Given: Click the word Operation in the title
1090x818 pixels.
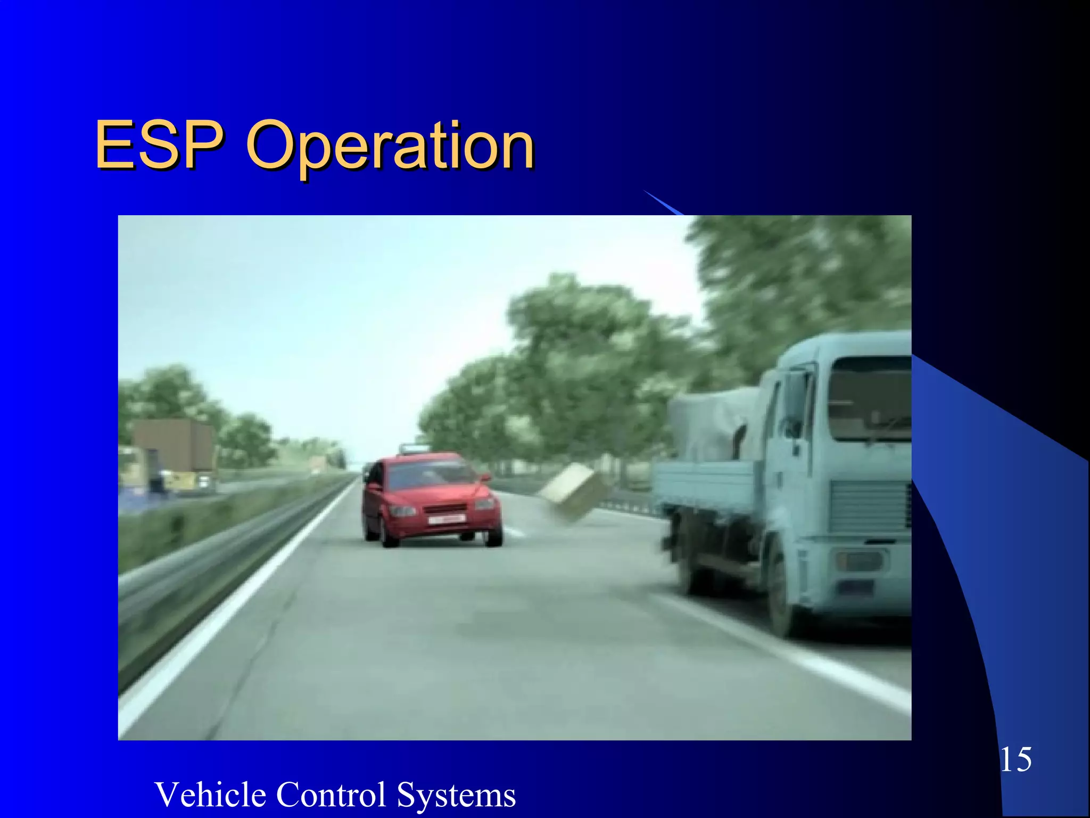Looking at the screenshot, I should (390, 146).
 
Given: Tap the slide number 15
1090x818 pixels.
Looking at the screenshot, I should (1015, 759).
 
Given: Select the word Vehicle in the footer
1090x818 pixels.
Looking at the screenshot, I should (211, 795).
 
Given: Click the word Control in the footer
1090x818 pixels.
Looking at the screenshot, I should (331, 795).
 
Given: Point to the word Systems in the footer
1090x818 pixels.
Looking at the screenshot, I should (456, 796).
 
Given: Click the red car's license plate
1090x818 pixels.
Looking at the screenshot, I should (446, 519).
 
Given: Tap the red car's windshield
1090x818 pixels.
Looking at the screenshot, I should (431, 475).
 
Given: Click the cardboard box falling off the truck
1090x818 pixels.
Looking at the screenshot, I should (573, 490).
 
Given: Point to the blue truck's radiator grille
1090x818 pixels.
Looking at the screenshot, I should (870, 509).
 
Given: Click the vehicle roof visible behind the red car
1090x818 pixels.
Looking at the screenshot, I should (414, 449).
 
